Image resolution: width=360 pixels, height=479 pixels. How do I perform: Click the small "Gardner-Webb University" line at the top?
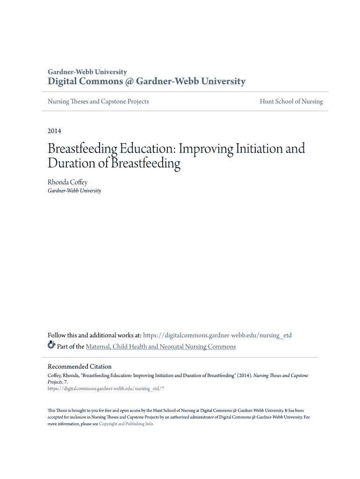87,72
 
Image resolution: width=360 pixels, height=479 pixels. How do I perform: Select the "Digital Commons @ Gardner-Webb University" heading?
146,81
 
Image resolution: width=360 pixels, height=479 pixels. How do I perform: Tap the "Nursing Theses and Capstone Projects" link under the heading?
98,102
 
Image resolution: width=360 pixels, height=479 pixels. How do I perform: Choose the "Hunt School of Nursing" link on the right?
291,102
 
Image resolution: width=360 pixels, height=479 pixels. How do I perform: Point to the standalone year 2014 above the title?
54,131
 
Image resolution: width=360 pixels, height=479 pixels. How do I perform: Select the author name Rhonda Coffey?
67,182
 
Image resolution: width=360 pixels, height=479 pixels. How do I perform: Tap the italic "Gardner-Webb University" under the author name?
74,191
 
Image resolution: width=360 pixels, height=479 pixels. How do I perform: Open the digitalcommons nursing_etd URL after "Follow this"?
217,335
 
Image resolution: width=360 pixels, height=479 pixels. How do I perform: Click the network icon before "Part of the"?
51,346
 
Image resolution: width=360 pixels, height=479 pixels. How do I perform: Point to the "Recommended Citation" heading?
79,366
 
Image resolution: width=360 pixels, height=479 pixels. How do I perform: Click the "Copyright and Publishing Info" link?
126,424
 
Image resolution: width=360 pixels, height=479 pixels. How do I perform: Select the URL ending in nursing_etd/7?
106,388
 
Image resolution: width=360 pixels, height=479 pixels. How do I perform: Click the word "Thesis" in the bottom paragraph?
62,410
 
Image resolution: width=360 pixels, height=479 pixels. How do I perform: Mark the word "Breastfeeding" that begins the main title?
82,149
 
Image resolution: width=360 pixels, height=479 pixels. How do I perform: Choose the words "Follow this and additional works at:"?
94,335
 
